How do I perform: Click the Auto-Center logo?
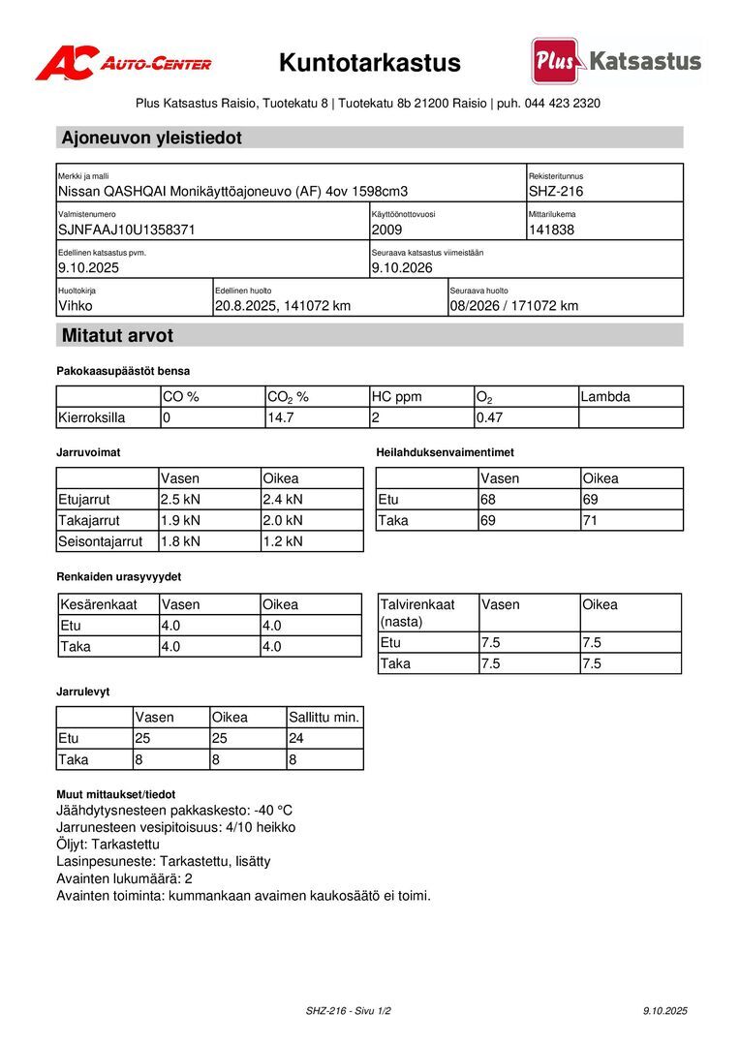click(123, 64)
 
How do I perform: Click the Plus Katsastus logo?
click(616, 61)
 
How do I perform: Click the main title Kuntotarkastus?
click(370, 64)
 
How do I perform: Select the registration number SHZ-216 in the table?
click(556, 192)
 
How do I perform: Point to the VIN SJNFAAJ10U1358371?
click(127, 231)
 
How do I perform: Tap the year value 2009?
click(386, 231)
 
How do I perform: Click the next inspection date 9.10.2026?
click(402, 268)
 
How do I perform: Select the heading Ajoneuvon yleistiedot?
click(151, 138)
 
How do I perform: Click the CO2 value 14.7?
click(280, 418)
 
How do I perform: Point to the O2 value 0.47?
click(489, 418)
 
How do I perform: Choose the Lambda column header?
click(605, 397)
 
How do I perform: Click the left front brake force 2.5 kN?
click(180, 500)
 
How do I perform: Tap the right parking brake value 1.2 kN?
click(283, 541)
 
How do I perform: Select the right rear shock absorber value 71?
click(591, 521)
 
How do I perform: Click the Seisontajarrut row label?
click(101, 541)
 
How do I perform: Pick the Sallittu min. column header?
click(324, 718)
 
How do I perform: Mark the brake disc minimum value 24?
click(297, 739)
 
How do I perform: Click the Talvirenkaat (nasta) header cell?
click(417, 612)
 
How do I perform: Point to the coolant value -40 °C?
click(273, 811)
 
